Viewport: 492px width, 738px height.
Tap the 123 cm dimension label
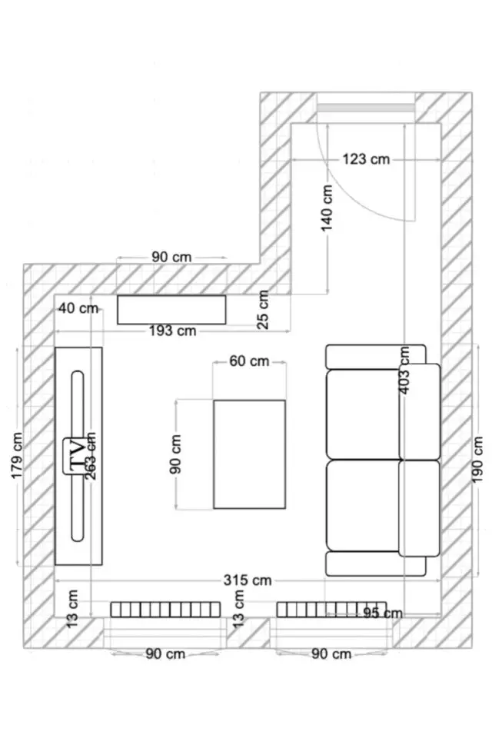(366, 159)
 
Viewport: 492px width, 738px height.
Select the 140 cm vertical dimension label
(327, 208)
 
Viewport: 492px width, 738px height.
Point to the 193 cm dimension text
(172, 331)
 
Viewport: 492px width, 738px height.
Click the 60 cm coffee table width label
(249, 361)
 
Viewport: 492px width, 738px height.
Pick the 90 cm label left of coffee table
(175, 454)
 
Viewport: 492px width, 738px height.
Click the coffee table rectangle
(250, 454)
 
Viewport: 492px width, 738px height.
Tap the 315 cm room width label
(248, 580)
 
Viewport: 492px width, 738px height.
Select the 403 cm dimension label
(404, 370)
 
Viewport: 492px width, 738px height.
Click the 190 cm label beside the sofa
(477, 460)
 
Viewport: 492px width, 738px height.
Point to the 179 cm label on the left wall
(16, 456)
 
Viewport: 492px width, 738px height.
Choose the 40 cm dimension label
(78, 308)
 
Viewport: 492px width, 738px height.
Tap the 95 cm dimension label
(383, 613)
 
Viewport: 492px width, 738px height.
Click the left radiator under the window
(165, 610)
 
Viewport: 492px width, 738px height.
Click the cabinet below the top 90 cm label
(171, 310)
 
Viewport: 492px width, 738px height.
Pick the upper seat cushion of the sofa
(363, 414)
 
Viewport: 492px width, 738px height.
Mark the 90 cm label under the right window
(331, 654)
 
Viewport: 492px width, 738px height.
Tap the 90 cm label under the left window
(165, 654)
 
